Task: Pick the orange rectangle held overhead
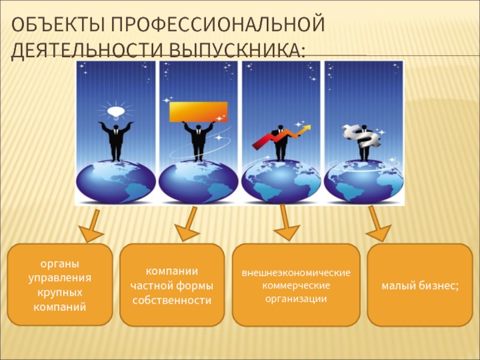pos(199,112)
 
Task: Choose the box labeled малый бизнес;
pos(420,285)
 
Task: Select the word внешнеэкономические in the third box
pos(296,274)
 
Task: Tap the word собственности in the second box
pos(171,299)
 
